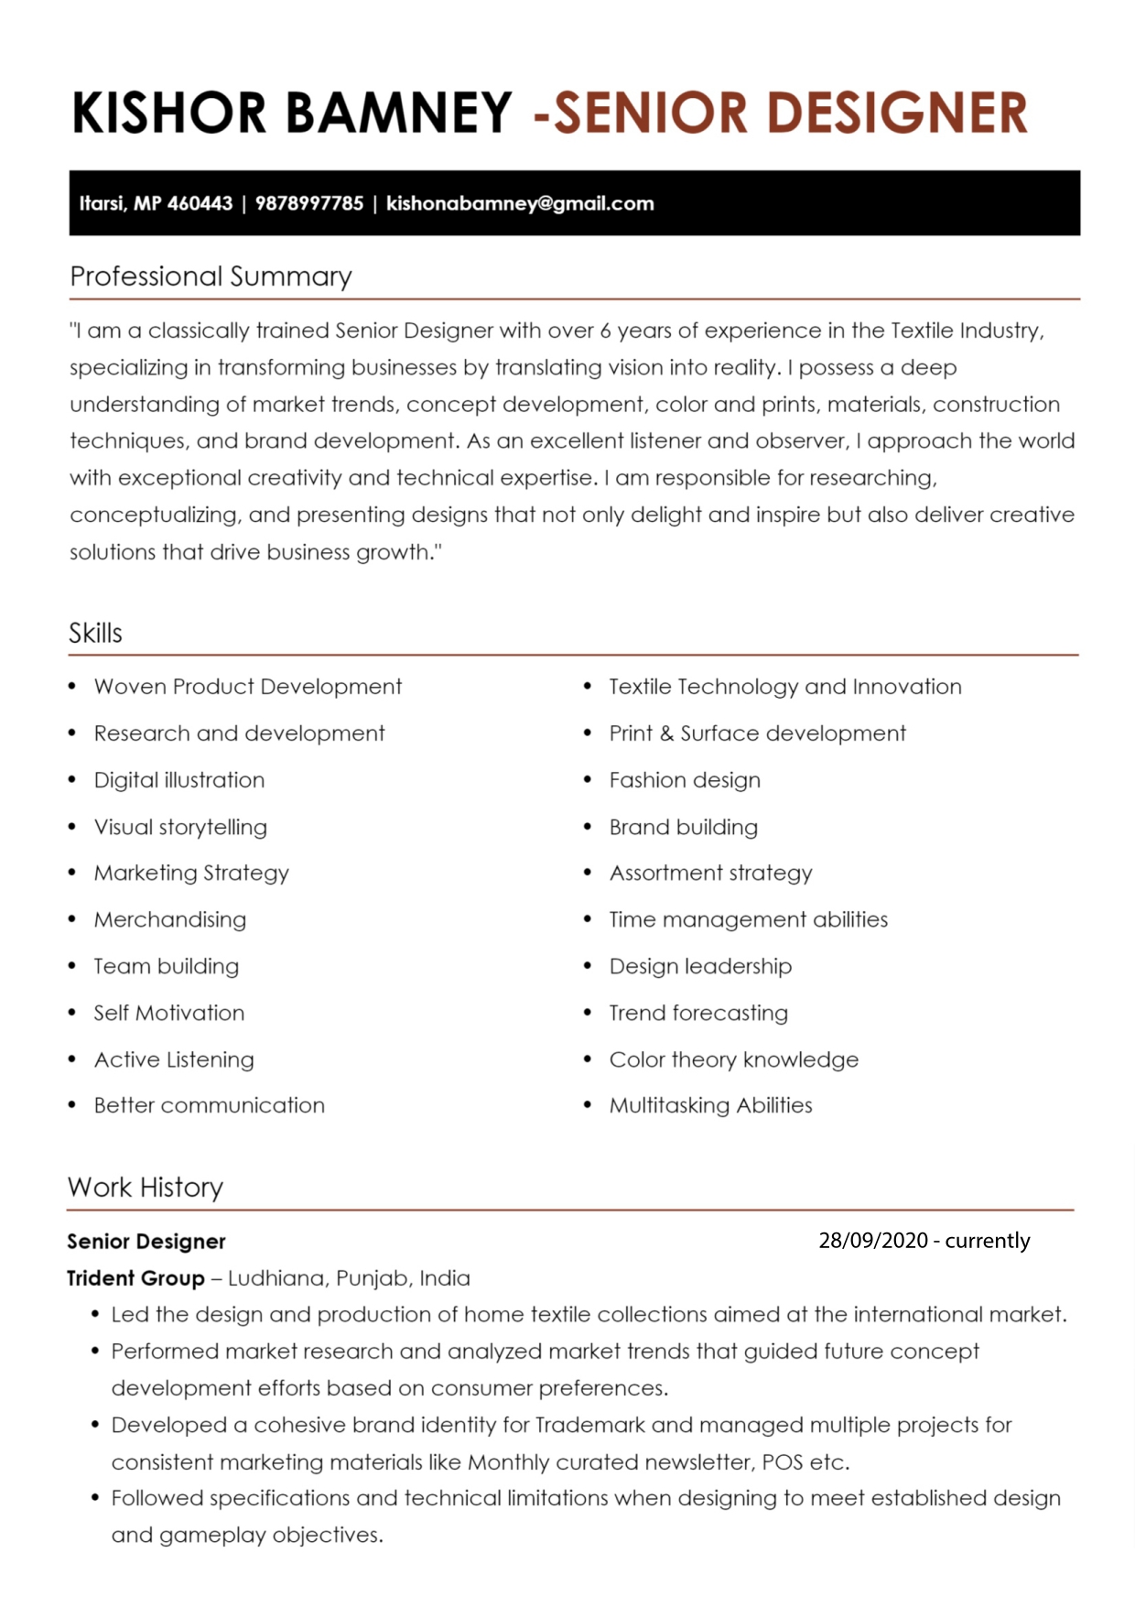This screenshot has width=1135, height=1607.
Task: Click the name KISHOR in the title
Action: [x=169, y=113]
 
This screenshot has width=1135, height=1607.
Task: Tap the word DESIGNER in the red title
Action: [x=897, y=113]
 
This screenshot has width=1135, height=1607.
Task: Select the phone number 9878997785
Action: [x=309, y=203]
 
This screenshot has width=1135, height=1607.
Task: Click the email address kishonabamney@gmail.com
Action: [x=520, y=203]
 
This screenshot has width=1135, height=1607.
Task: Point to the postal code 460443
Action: [x=200, y=203]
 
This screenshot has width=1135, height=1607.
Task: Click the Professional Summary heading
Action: [x=211, y=276]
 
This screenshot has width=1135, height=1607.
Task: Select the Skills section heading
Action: [x=95, y=633]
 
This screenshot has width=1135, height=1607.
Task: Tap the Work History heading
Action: [x=146, y=1187]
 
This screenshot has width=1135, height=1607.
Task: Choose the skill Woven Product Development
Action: [x=248, y=687]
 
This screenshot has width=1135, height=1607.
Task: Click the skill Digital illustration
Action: [x=179, y=780]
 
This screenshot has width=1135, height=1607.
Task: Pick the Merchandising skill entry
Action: [x=170, y=919]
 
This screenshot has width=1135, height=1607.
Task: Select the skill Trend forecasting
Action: [x=698, y=1013]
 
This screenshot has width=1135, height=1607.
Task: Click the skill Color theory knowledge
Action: [x=734, y=1059]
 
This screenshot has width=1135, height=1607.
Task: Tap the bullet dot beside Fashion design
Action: [x=588, y=780]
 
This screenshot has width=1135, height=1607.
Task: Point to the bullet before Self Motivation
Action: [x=72, y=1013]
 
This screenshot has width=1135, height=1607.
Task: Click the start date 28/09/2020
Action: [x=873, y=1241]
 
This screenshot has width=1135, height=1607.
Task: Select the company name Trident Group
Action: [x=135, y=1278]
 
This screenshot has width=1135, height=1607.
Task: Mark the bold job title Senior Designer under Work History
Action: [x=146, y=1242]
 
